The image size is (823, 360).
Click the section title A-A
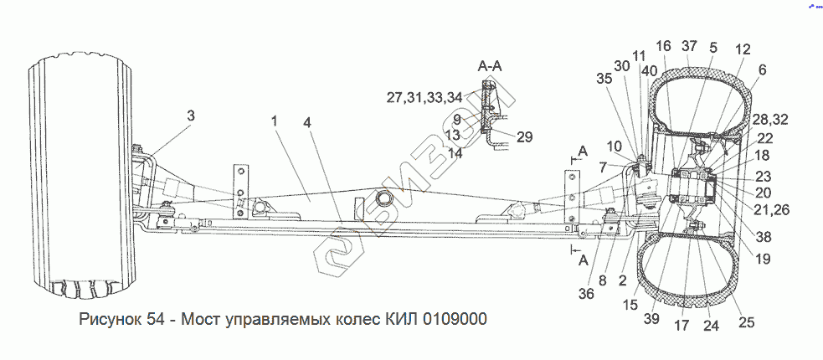click(491, 64)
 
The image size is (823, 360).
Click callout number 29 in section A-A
click(524, 136)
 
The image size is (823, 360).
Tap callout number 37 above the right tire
click(688, 45)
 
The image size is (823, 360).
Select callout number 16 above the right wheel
click(663, 45)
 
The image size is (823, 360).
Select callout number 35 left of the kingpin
click(604, 80)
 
